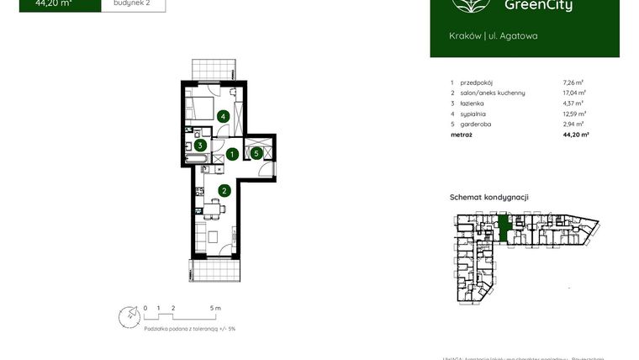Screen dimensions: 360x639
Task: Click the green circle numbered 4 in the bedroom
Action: point(223,117)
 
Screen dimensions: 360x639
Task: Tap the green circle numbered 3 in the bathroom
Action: point(201,145)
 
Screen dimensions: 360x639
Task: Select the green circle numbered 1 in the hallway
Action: point(231,154)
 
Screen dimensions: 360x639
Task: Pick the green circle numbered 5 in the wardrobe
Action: point(256,153)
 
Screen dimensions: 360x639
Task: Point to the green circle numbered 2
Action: point(224,190)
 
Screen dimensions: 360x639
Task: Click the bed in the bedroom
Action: point(200,108)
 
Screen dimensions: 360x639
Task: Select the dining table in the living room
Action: point(214,236)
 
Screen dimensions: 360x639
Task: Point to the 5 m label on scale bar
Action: point(215,309)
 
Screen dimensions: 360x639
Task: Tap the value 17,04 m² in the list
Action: point(574,93)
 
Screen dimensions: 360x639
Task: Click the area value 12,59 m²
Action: point(574,113)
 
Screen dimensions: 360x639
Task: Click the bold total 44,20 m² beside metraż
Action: point(575,134)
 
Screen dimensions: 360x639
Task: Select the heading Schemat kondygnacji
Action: point(488,197)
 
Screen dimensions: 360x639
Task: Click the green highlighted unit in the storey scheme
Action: point(504,228)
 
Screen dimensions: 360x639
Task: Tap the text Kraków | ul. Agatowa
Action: point(494,35)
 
